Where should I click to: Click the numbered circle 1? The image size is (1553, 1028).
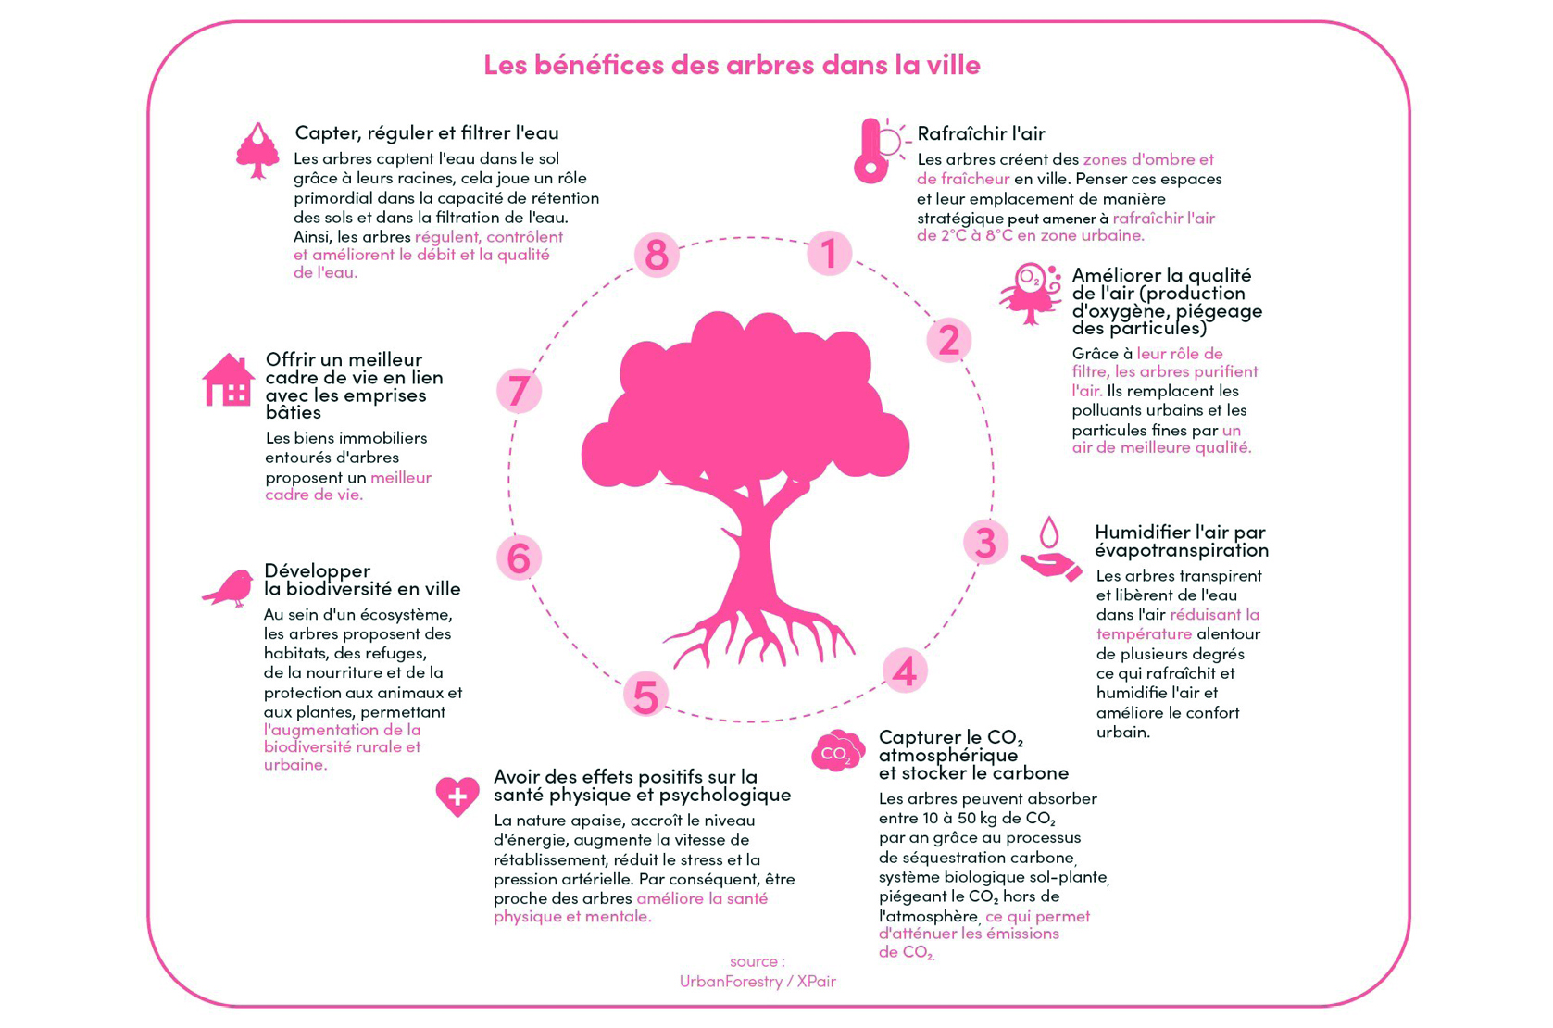coord(829,253)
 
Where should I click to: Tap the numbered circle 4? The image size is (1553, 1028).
coord(905,671)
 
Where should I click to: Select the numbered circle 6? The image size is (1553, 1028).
coord(519,558)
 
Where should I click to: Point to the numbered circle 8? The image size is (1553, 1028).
coord(657,255)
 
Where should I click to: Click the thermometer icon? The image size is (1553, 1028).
coord(881,150)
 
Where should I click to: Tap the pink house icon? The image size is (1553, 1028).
coord(228,380)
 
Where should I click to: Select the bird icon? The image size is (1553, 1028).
coord(228,588)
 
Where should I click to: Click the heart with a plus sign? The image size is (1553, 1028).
coord(457,796)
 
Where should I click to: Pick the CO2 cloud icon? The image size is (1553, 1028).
coord(838,751)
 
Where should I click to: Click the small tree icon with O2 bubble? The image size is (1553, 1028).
coord(1031,294)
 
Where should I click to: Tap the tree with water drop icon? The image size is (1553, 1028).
coord(257,151)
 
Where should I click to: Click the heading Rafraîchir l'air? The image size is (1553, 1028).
coord(981,133)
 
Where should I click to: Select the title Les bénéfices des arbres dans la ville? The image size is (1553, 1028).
coord(733,65)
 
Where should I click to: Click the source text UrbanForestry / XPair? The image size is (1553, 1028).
coord(758,981)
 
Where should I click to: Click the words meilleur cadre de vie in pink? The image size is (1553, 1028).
coord(348,486)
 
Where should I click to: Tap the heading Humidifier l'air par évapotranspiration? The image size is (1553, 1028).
coord(1182,541)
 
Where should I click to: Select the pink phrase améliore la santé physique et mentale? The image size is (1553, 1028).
coord(631,908)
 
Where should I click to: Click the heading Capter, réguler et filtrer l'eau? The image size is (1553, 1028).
coord(427,132)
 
